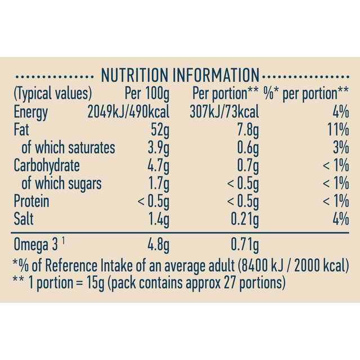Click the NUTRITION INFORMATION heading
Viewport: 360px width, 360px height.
click(179, 75)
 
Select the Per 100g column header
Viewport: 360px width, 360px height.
click(145, 93)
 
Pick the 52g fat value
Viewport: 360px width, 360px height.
click(160, 130)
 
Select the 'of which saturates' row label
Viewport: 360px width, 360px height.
click(67, 148)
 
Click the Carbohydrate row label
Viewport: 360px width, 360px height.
click(46, 166)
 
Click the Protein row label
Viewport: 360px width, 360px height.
click(31, 201)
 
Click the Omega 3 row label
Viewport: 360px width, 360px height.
click(38, 245)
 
